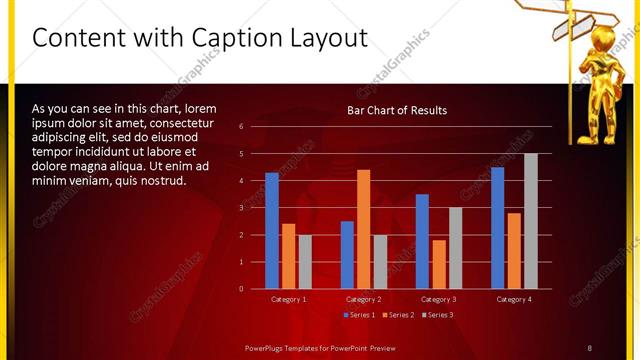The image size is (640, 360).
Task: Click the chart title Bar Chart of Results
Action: click(x=397, y=110)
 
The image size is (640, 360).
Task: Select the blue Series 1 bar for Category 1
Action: click(x=272, y=231)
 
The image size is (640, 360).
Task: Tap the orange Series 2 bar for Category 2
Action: click(x=363, y=229)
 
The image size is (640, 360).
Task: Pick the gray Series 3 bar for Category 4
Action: click(x=531, y=221)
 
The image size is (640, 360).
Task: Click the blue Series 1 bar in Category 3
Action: click(x=422, y=241)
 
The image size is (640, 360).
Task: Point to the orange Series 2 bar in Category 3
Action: click(x=438, y=264)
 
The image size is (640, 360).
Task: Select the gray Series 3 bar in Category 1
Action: click(x=304, y=262)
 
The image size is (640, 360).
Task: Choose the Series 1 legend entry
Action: click(x=359, y=315)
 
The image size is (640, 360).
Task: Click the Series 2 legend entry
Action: click(x=398, y=315)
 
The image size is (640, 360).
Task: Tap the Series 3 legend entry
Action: click(x=437, y=315)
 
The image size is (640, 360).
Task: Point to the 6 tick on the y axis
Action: click(x=241, y=126)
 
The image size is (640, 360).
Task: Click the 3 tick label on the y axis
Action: click(x=241, y=208)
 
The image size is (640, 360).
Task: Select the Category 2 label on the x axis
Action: click(x=363, y=299)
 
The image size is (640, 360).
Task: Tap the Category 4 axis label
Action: click(x=514, y=299)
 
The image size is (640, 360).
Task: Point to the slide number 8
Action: click(x=589, y=347)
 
